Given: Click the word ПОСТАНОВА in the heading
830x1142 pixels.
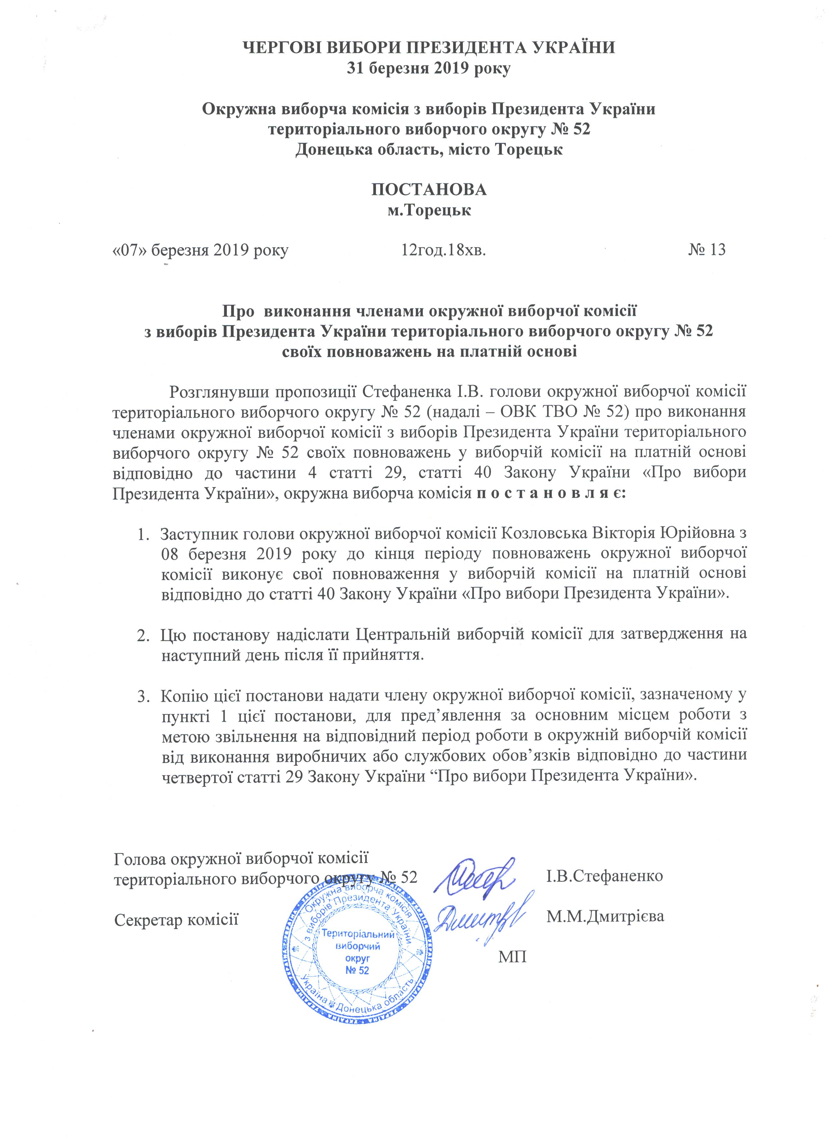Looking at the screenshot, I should [x=429, y=189].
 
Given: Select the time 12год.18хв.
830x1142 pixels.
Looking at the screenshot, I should [x=443, y=249].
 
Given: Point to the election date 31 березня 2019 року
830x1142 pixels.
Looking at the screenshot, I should [x=429, y=68].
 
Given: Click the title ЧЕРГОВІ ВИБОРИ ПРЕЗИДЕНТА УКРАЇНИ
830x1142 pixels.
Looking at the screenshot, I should [x=429, y=48].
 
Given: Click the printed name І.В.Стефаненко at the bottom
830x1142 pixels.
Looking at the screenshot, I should [x=604, y=876].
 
